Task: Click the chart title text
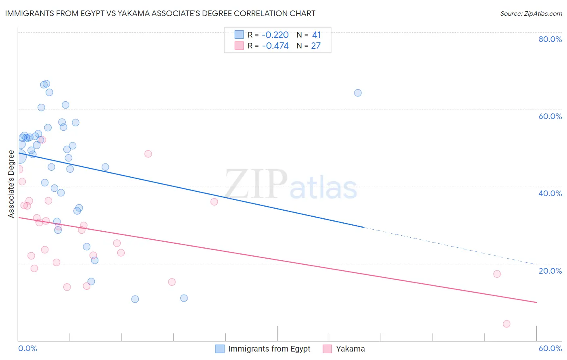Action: coord(160,13)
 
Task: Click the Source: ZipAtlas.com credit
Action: coord(531,13)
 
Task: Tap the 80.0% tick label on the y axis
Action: coord(550,39)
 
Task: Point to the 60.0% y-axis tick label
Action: coord(550,116)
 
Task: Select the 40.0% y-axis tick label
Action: coord(550,193)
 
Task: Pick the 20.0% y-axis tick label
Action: coord(550,271)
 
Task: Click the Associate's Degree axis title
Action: coord(11,184)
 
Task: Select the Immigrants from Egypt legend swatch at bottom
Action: coord(220,349)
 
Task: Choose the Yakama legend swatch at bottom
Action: coord(327,349)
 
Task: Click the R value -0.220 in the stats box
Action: coord(275,35)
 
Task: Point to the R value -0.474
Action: coord(275,46)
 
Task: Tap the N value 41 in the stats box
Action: coord(317,35)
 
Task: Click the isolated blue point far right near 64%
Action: coord(358,93)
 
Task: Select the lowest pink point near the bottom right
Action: coord(507,324)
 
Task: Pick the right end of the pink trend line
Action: coord(536,302)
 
